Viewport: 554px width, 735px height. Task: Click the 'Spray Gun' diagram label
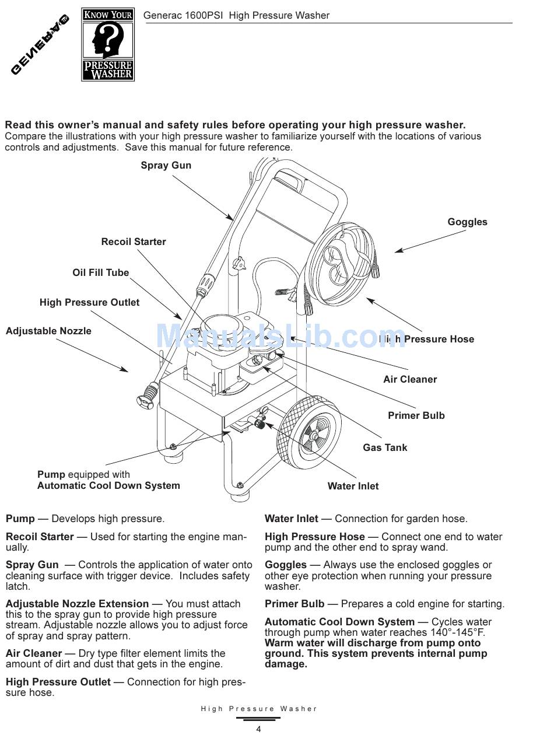coord(166,166)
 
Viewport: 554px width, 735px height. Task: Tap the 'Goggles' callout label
coord(467,222)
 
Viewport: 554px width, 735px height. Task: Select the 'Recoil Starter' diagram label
coord(134,242)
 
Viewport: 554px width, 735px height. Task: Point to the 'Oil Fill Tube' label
coord(100,273)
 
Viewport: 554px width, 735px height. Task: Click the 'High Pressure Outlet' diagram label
coord(89,303)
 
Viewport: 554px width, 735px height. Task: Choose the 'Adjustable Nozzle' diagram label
coord(48,331)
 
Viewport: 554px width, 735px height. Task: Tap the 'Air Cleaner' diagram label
coord(410,380)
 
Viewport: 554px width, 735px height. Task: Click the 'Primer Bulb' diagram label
coord(416,416)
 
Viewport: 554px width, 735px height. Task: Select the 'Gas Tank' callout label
coord(385,448)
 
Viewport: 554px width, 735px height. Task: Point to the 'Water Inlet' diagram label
coord(353,487)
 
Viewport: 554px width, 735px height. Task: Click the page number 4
coord(258,729)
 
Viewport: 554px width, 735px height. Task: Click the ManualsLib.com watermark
coord(280,336)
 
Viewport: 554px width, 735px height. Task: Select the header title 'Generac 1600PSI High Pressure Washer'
coord(236,16)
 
